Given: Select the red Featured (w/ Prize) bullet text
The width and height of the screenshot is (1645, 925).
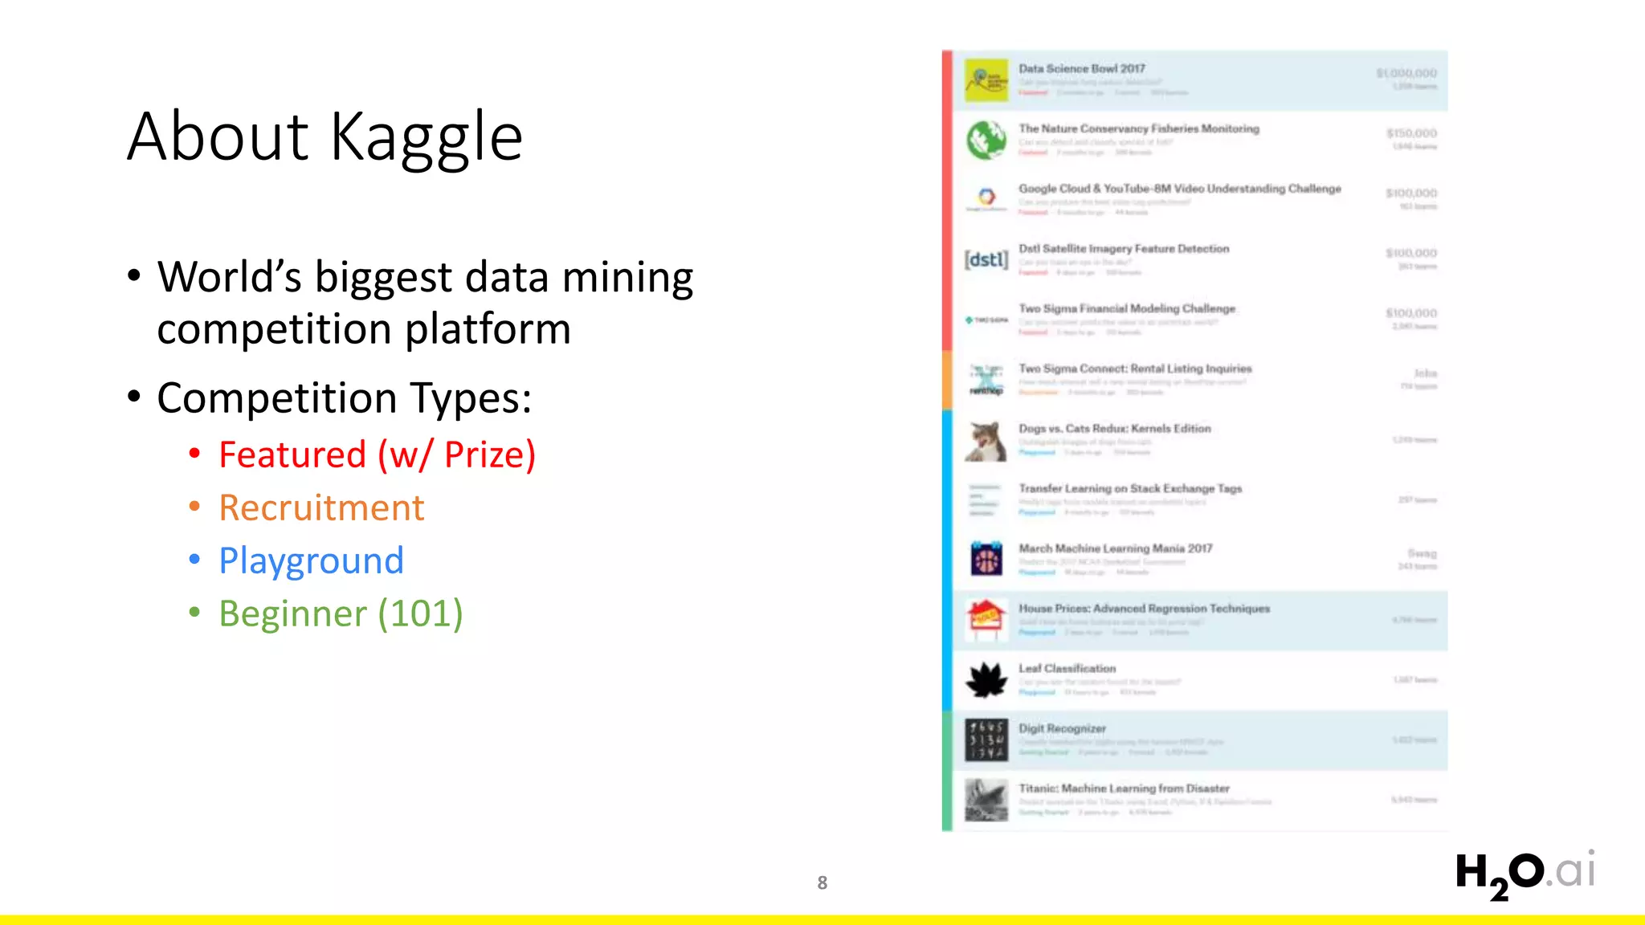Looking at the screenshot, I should pyautogui.click(x=377, y=455).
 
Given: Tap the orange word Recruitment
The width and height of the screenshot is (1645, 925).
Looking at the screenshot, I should pyautogui.click(x=321, y=508).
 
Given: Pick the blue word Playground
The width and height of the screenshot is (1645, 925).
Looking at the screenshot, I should pyautogui.click(x=311, y=561).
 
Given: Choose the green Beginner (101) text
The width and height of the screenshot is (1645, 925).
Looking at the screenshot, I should pyautogui.click(x=341, y=614).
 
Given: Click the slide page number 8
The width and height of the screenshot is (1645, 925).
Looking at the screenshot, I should pyautogui.click(x=822, y=883).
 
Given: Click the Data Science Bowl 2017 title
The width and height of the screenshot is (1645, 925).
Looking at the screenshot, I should pyautogui.click(x=1081, y=69).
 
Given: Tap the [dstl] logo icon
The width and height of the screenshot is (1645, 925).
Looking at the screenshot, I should pyautogui.click(x=986, y=259).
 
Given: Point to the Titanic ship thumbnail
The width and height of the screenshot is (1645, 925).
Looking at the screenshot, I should pyautogui.click(x=986, y=800).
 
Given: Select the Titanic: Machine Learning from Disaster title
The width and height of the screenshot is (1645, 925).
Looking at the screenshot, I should pyautogui.click(x=1124, y=788).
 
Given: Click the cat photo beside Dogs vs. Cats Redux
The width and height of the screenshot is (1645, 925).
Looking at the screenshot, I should pyautogui.click(x=986, y=441).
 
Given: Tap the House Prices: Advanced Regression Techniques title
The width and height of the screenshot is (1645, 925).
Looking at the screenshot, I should pyautogui.click(x=1144, y=609).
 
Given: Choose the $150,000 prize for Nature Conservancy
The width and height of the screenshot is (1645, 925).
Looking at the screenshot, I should pyautogui.click(x=1410, y=133).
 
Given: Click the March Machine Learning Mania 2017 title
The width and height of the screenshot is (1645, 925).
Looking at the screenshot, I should pyautogui.click(x=1115, y=548).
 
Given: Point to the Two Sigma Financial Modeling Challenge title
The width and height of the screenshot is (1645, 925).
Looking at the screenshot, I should pyautogui.click(x=1126, y=309).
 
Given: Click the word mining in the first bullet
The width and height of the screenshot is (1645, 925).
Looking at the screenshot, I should pyautogui.click(x=627, y=278).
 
